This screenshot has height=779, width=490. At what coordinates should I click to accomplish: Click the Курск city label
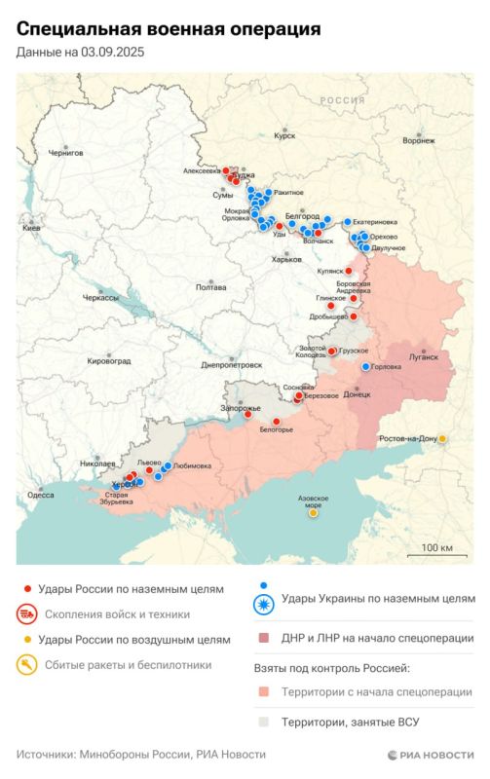(284, 136)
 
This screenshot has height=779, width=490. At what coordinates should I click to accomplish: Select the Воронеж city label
(418, 140)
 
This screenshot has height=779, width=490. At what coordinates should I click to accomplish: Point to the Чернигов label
(66, 153)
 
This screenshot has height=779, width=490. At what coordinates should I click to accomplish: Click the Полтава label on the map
(210, 287)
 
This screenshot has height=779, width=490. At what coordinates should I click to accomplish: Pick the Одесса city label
(40, 495)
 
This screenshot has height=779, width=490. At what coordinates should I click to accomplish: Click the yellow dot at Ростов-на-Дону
(443, 439)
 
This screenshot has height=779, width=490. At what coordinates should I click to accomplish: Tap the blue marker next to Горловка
(365, 367)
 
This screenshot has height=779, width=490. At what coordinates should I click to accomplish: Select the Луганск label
(424, 357)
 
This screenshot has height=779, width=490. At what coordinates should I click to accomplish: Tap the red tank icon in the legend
(27, 614)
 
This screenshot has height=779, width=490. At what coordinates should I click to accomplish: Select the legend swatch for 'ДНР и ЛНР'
(263, 639)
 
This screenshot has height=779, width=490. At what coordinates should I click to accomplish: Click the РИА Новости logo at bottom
(430, 755)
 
